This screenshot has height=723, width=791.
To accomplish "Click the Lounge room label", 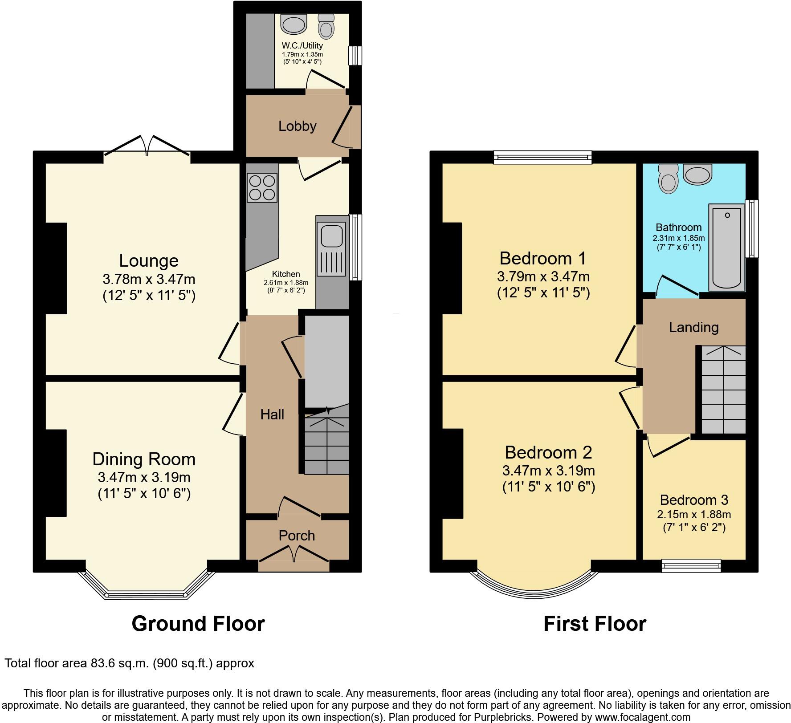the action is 149,260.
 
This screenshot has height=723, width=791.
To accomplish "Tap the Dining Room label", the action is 144,459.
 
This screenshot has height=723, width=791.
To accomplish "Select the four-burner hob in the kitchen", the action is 262,188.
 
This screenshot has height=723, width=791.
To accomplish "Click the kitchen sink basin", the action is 331,235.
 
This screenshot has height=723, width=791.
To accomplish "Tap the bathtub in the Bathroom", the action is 727,248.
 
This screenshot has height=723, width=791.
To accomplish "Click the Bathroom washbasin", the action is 698,174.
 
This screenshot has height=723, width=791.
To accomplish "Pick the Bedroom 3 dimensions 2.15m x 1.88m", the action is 694,515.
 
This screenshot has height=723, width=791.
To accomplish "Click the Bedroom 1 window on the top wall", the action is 542,157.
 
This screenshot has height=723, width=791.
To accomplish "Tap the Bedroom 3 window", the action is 691,566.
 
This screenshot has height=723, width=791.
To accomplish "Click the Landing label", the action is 694,328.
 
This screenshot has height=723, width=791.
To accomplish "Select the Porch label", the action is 297,536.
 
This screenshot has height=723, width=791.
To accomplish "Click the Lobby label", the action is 298,126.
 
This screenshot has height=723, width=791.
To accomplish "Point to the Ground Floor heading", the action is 198,624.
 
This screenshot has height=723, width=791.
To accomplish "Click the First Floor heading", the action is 595,624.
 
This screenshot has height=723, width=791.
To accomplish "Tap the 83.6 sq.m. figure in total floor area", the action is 120,663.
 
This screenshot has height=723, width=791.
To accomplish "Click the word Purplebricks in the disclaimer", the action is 506,717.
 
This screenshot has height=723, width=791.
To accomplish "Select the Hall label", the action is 272,414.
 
